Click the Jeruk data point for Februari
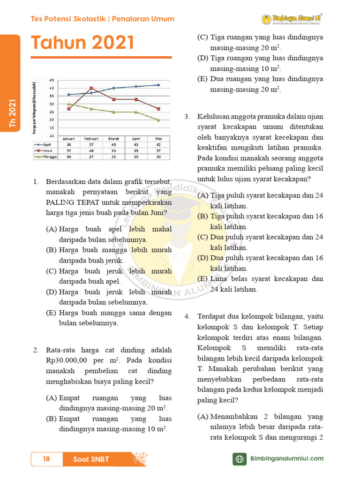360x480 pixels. pos(91,88)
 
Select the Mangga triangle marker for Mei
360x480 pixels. pos(158,120)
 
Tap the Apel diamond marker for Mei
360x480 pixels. pos(158,85)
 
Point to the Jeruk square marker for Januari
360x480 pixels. pos(69,109)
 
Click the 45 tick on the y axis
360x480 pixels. pos(51,80)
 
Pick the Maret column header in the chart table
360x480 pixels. pos(113,139)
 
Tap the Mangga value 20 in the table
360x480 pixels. pos(158,157)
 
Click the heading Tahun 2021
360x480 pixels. pos(82,44)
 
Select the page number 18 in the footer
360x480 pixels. pos(46,459)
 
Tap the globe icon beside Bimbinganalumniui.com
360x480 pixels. pos(240,459)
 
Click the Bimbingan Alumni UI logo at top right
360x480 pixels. pos(292,19)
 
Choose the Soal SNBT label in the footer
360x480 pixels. pos(91,459)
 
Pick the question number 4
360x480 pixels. pos(186,316)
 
